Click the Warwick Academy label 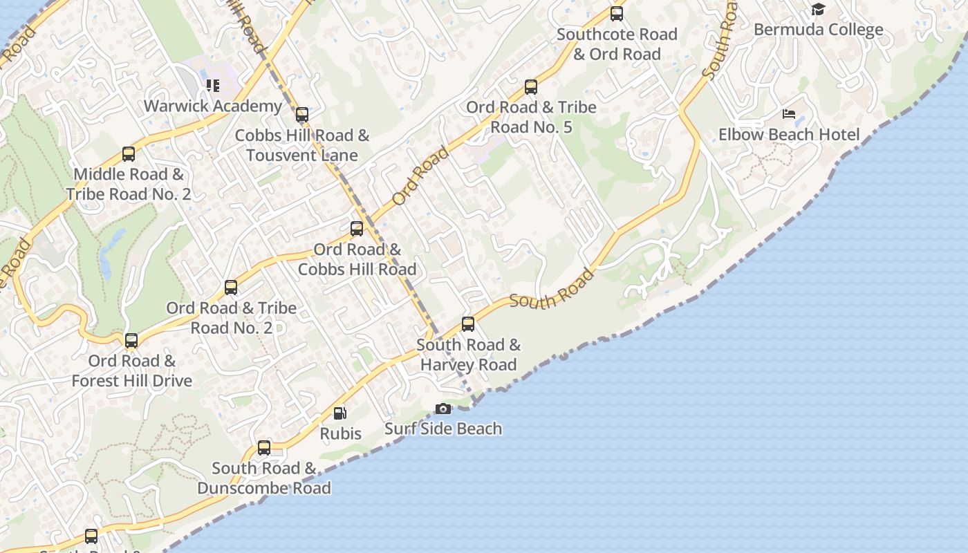click(x=213, y=106)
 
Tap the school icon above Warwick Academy click(x=213, y=86)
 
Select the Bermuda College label click(x=819, y=30)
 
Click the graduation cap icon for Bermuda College click(x=819, y=10)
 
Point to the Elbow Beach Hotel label click(x=789, y=134)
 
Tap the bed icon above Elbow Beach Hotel click(x=789, y=114)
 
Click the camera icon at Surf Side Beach click(x=443, y=409)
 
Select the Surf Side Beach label click(x=443, y=429)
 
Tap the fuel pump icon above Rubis click(x=340, y=413)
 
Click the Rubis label click(x=340, y=433)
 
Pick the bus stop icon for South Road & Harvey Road click(x=468, y=324)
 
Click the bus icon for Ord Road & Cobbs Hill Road click(x=357, y=229)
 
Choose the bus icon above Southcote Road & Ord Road click(x=617, y=14)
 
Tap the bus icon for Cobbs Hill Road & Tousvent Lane click(x=302, y=115)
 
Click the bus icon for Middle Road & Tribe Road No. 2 click(x=129, y=154)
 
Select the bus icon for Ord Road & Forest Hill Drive click(x=131, y=340)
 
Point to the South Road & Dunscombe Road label click(x=264, y=478)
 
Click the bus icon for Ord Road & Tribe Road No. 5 click(x=531, y=87)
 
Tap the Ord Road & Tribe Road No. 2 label click(x=231, y=317)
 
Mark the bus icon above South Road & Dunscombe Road click(x=264, y=448)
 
